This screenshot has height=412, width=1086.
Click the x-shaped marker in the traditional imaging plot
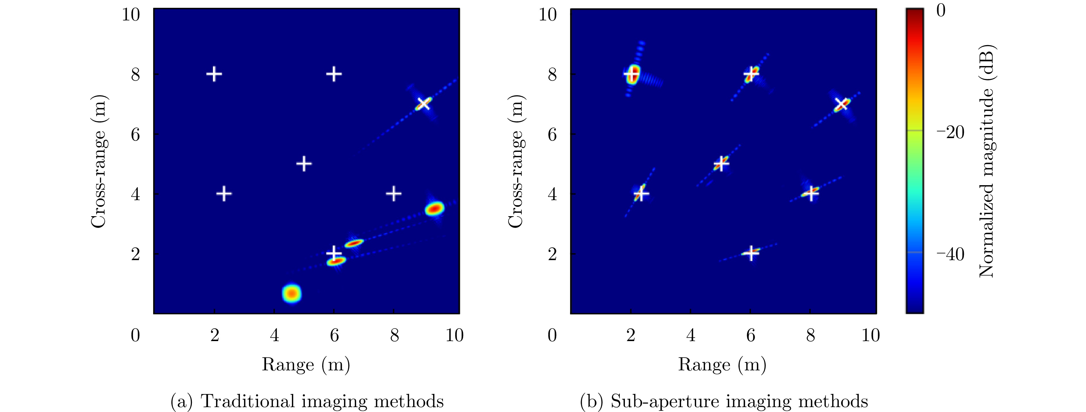pyautogui.click(x=424, y=103)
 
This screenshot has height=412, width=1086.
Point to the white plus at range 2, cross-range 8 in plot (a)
pyautogui.click(x=214, y=74)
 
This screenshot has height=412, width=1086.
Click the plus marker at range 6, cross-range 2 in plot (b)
pyautogui.click(x=751, y=254)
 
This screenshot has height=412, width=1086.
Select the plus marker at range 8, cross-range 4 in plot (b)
pyautogui.click(x=810, y=194)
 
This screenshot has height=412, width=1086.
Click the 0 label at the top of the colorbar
pyautogui.click(x=941, y=11)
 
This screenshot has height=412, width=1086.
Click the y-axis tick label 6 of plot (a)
pyautogui.click(x=135, y=134)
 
